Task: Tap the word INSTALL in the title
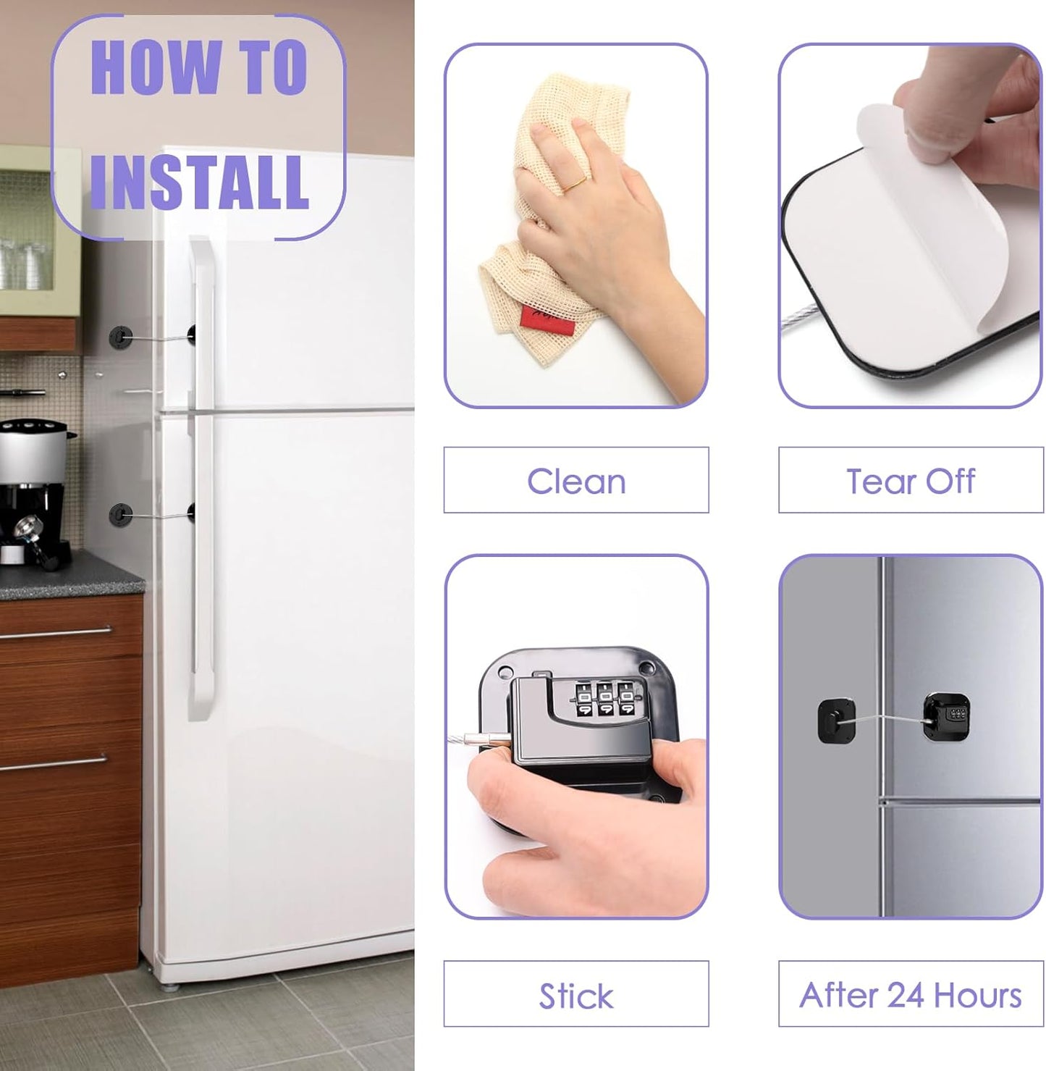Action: tap(198, 182)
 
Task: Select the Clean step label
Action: tap(576, 481)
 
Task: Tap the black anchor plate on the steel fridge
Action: tap(836, 720)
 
